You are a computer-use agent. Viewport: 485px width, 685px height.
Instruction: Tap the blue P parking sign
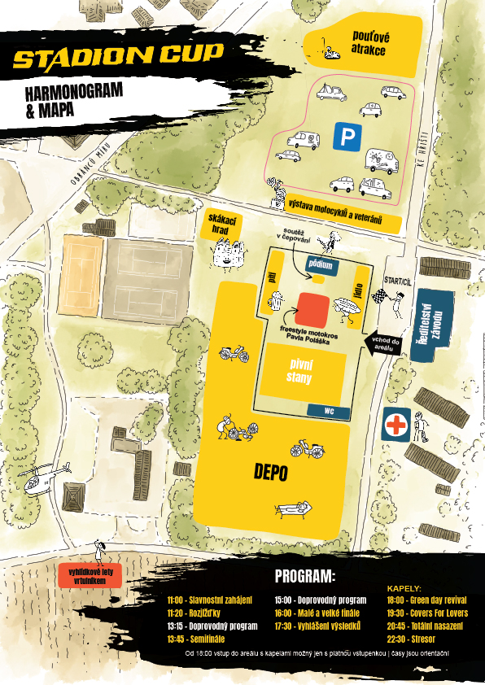pyautogui.click(x=347, y=137)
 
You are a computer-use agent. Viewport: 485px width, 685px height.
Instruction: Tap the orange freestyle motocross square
pyautogui.click(x=312, y=309)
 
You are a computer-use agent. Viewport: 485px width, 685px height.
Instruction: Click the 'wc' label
pyautogui.click(x=329, y=411)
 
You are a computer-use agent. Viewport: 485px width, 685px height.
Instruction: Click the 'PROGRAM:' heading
pyautogui.click(x=304, y=577)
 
